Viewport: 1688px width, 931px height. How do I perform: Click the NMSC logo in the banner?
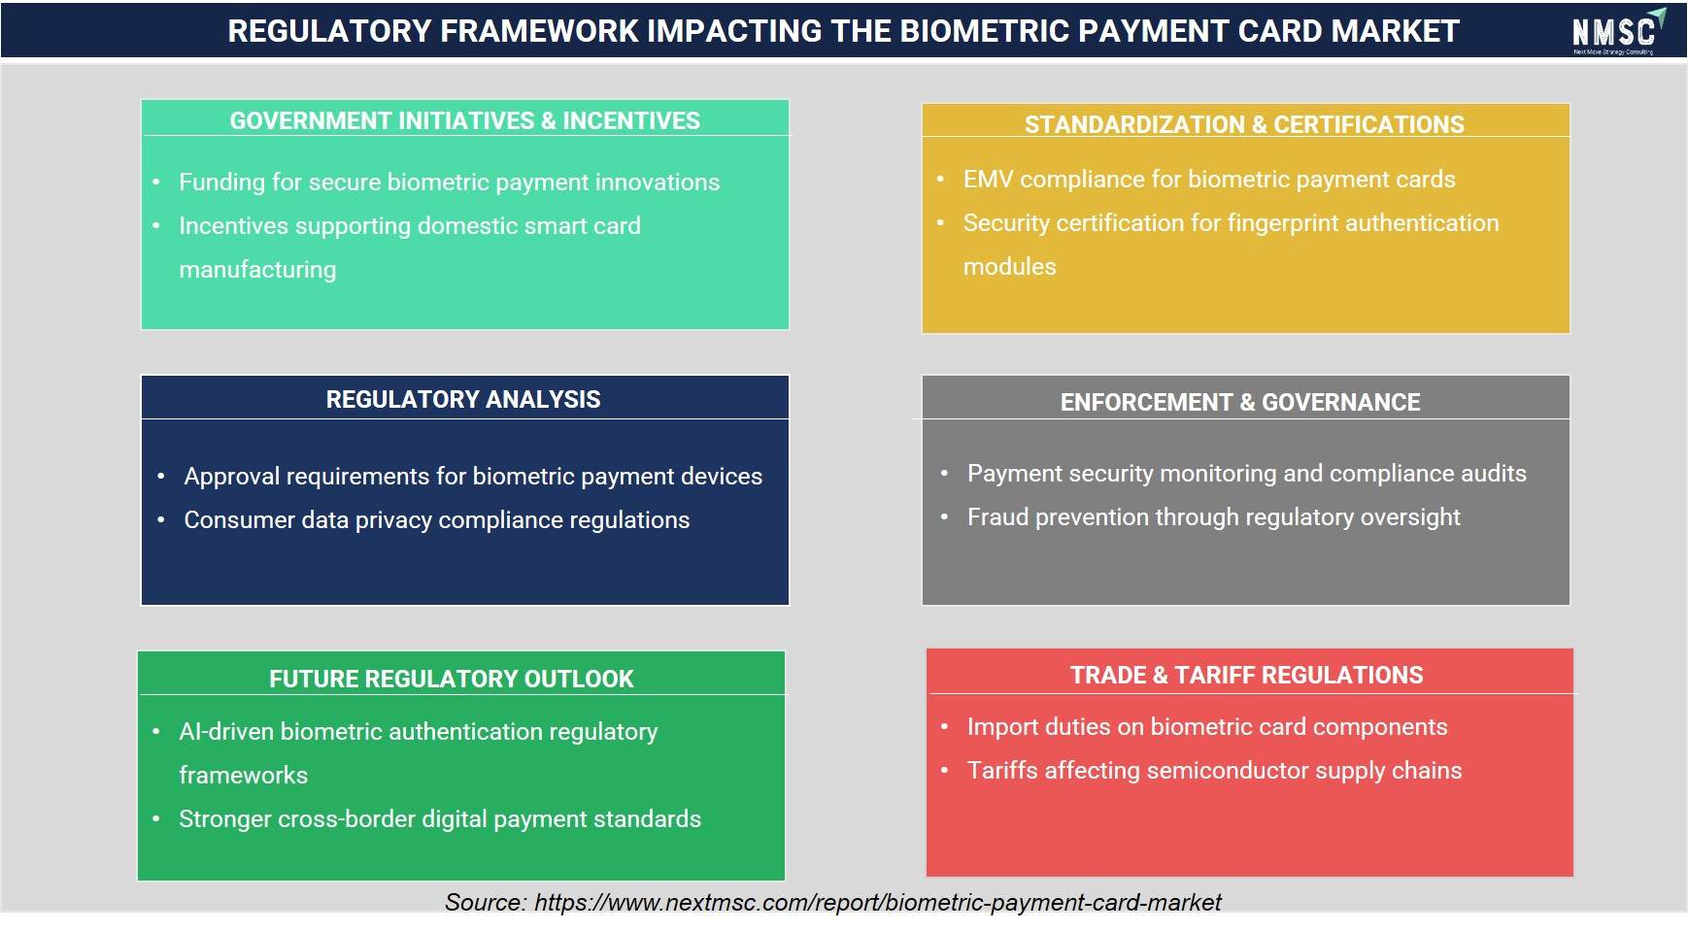point(1618,31)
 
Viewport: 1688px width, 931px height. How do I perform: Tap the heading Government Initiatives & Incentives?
point(464,120)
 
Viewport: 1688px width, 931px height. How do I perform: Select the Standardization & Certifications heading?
point(1244,124)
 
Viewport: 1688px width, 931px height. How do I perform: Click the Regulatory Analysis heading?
point(463,399)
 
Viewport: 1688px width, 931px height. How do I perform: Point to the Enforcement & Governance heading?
point(1240,402)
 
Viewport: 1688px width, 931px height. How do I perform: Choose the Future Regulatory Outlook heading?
point(452,679)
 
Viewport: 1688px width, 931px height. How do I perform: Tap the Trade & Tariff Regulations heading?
point(1247,675)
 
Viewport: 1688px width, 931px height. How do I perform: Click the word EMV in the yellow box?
point(988,179)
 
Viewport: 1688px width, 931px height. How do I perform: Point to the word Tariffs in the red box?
point(1002,770)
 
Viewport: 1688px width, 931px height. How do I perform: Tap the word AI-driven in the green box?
point(226,731)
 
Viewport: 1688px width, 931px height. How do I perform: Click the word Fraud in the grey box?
point(997,516)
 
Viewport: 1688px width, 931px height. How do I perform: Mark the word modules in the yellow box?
point(1009,266)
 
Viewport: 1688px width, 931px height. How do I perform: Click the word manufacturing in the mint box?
point(257,270)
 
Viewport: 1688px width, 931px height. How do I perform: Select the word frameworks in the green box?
point(243,775)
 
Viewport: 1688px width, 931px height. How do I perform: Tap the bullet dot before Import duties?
point(944,727)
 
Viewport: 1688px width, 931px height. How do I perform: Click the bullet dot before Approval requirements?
point(161,477)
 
